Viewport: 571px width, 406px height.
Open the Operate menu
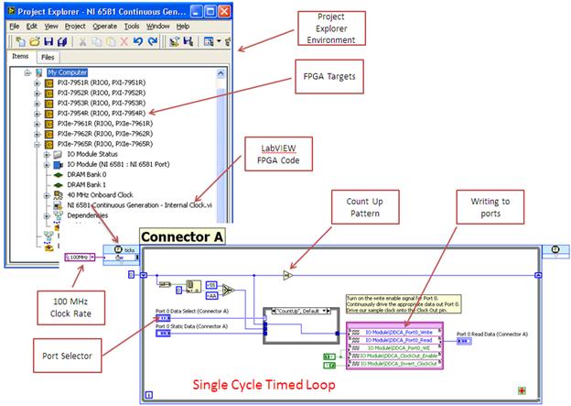tap(104, 26)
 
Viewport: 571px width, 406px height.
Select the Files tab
tap(47, 57)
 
